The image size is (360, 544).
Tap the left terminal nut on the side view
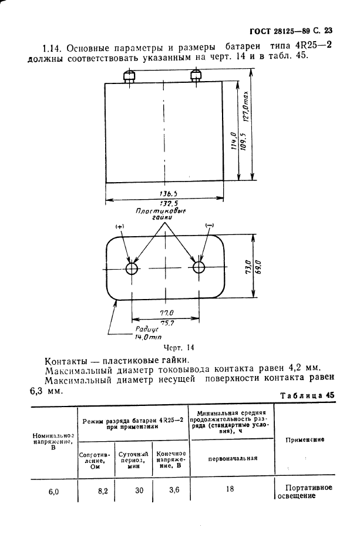tap(129, 76)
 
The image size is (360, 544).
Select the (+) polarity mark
tap(120, 226)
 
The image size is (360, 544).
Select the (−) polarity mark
tap(209, 226)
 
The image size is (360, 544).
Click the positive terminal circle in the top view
tap(132, 268)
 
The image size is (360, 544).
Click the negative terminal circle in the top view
tap(198, 268)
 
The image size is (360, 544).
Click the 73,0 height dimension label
tap(248, 267)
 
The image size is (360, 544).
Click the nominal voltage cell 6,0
tap(53, 492)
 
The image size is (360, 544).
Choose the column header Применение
tap(304, 439)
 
